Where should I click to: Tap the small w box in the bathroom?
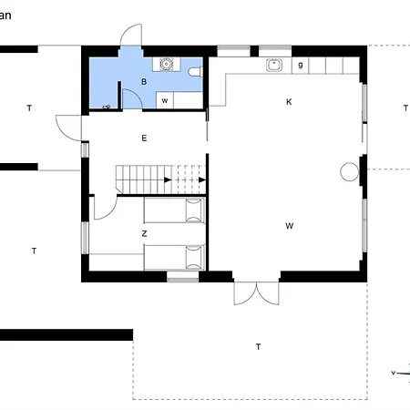pyautogui.click(x=165, y=101)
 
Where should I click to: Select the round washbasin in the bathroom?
pyautogui.click(x=166, y=65)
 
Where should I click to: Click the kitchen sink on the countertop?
pyautogui.click(x=272, y=65)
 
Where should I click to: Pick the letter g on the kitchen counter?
pyautogui.click(x=300, y=65)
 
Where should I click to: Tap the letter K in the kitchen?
pyautogui.click(x=289, y=102)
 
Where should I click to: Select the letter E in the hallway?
pyautogui.click(x=144, y=138)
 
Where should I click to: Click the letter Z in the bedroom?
pyautogui.click(x=144, y=234)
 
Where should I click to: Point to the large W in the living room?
pyautogui.click(x=289, y=225)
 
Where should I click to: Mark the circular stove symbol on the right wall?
pyautogui.click(x=349, y=170)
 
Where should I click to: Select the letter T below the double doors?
pyautogui.click(x=258, y=347)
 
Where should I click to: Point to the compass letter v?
pyautogui.click(x=393, y=373)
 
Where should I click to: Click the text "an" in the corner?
pyautogui.click(x=5, y=15)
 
